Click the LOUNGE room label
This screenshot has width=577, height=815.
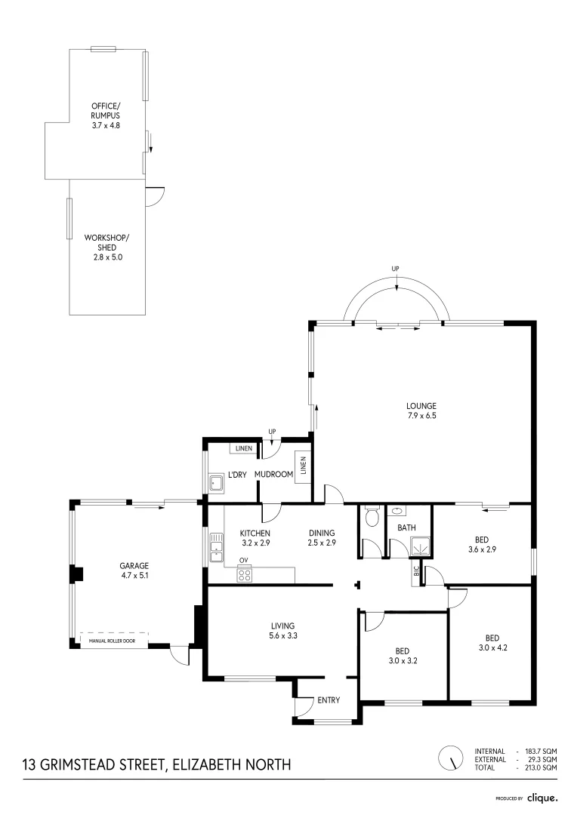(x=421, y=405)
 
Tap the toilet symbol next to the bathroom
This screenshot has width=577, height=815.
(x=371, y=517)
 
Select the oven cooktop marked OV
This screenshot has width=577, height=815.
(x=244, y=574)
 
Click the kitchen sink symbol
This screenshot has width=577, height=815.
(x=217, y=547)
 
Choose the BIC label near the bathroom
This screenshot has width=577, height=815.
(x=415, y=572)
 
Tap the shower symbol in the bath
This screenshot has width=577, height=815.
(x=418, y=544)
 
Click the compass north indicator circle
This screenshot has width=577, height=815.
(x=451, y=757)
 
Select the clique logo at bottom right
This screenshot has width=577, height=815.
(x=542, y=797)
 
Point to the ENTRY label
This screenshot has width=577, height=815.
(x=329, y=700)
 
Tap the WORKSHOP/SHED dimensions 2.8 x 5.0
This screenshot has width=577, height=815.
(x=106, y=257)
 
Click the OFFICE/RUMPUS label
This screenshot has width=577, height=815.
(x=106, y=110)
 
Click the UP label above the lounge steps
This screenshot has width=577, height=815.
(x=395, y=269)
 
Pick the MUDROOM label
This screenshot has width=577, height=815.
(x=273, y=474)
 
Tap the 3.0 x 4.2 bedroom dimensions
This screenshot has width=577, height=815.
(x=492, y=647)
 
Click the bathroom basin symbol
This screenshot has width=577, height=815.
(x=395, y=510)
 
